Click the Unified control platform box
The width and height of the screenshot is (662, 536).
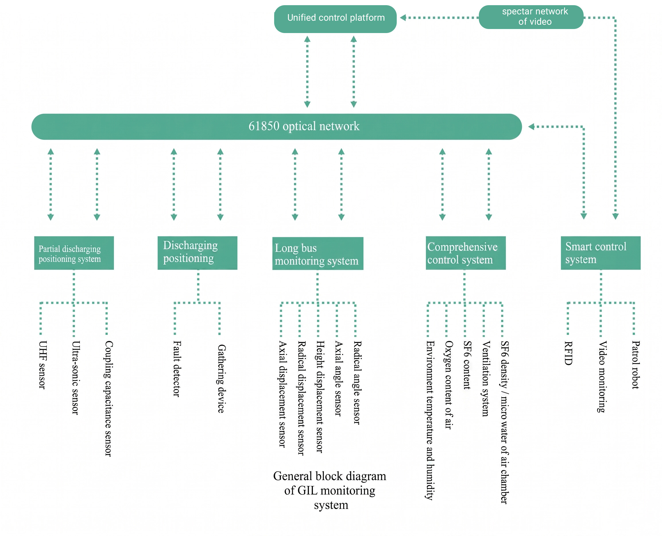point(335,19)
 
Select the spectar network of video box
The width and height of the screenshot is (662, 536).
point(531,17)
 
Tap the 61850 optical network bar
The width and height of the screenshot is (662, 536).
point(276,127)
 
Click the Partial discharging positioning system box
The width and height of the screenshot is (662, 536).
point(74,253)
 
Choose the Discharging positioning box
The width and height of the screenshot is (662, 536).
point(198,253)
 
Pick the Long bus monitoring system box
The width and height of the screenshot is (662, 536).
point(318,253)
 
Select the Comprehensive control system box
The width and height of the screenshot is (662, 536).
point(466,253)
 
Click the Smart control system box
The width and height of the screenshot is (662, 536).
point(601,253)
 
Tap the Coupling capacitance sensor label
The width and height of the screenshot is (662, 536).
point(108,398)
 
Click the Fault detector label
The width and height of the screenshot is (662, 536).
point(177,369)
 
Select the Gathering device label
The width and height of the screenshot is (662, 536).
point(221,379)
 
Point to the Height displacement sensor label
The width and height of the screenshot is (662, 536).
point(320,397)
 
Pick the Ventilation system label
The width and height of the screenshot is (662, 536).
point(486,379)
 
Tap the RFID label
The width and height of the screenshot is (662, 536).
point(568,353)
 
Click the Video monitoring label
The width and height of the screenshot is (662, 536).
point(602,377)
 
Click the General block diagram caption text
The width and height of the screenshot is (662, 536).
point(330,490)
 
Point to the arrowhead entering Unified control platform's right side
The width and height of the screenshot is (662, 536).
point(403,18)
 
